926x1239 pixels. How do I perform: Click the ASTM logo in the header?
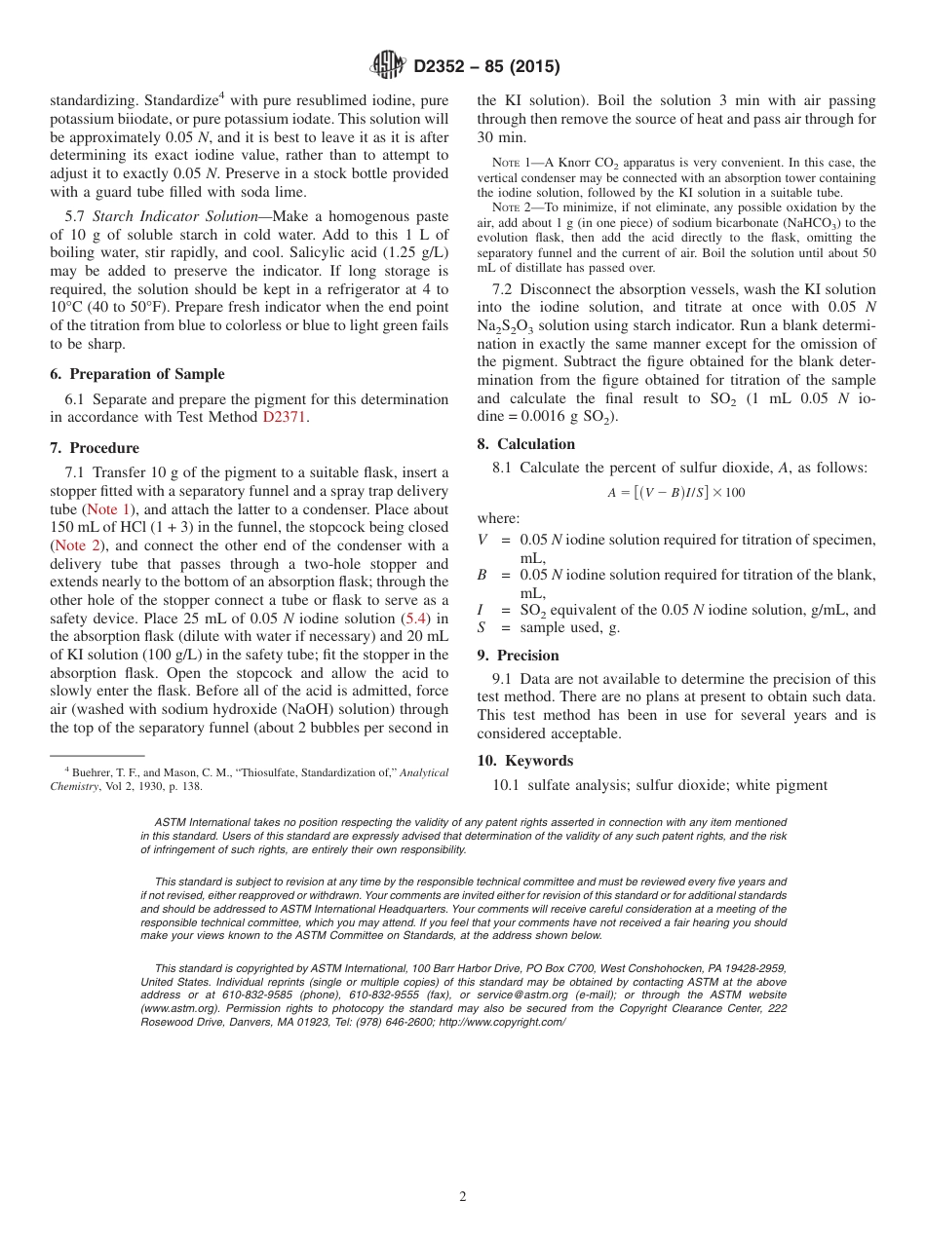click(x=387, y=66)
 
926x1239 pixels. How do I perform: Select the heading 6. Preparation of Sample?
click(x=136, y=374)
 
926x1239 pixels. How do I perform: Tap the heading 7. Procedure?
click(x=95, y=448)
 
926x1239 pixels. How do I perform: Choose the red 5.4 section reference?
click(x=413, y=619)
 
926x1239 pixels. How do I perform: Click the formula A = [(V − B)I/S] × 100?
click(x=675, y=493)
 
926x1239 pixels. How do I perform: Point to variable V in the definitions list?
click(x=482, y=541)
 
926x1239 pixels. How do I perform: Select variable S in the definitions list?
click(x=482, y=628)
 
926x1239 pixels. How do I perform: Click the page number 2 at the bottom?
click(x=463, y=1197)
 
